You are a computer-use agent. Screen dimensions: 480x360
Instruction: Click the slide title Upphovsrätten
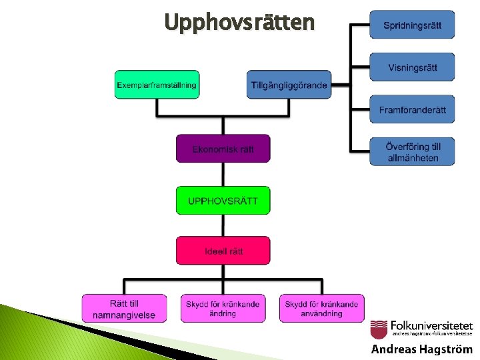(239, 23)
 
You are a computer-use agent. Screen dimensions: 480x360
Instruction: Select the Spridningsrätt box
(412, 25)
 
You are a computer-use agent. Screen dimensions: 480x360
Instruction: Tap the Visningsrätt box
(412, 67)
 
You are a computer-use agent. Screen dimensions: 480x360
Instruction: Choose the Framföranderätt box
(412, 109)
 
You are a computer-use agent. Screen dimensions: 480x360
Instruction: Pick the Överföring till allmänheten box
(412, 152)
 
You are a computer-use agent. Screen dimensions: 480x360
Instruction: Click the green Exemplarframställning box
(157, 85)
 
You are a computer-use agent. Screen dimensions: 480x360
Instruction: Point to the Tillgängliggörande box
(289, 85)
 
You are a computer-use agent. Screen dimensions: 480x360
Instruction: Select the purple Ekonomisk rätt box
(223, 149)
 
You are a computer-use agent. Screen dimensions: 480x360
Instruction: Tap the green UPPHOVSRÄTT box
(223, 200)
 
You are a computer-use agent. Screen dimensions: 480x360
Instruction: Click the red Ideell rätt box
(223, 251)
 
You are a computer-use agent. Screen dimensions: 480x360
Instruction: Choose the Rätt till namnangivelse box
(124, 309)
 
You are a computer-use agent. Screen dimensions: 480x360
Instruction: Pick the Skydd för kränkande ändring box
(223, 309)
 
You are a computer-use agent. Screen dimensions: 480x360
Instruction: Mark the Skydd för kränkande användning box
(321, 309)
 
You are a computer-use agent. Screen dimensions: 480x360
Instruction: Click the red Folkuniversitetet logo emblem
(379, 329)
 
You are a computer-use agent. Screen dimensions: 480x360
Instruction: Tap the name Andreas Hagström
(421, 349)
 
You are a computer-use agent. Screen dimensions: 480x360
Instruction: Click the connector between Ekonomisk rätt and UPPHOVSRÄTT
(223, 174)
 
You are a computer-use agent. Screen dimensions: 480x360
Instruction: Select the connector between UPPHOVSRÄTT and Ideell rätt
(223, 225)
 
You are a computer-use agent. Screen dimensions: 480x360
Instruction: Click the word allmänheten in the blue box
(413, 158)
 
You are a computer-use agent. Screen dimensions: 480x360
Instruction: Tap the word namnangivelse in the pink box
(124, 315)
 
